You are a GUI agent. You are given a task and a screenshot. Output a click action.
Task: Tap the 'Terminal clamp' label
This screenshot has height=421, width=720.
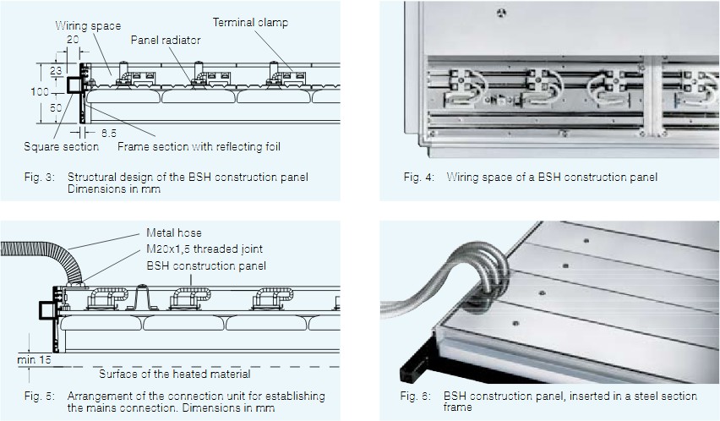(250, 22)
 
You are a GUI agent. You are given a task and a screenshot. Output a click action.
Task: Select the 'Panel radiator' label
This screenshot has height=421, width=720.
(166, 40)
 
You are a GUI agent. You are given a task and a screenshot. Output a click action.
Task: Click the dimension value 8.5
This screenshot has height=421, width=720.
(109, 133)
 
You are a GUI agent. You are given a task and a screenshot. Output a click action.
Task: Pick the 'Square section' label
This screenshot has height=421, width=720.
(62, 146)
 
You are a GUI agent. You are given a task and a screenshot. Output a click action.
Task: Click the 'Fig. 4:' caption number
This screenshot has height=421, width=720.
(418, 177)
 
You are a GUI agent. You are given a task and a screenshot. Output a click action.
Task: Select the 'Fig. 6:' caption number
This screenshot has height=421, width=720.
(418, 396)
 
